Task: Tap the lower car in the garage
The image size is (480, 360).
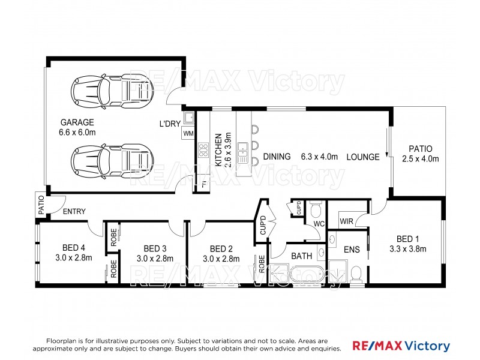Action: click(111, 160)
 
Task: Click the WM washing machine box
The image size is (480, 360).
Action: click(188, 133)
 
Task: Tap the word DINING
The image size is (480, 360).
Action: click(276, 157)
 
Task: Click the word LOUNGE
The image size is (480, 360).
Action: click(362, 157)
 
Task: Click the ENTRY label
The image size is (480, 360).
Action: click(73, 211)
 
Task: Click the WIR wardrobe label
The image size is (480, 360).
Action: click(346, 221)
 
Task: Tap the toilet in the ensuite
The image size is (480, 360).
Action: click(355, 274)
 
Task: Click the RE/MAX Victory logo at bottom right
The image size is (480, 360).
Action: click(400, 346)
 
